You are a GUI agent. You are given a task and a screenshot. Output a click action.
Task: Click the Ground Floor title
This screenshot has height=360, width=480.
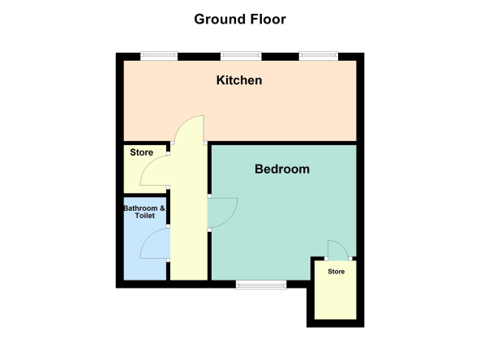tap(240, 19)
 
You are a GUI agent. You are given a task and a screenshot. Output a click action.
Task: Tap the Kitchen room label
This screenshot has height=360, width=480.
tap(239, 80)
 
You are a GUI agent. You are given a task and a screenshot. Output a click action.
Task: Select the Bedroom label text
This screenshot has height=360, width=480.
tap(282, 169)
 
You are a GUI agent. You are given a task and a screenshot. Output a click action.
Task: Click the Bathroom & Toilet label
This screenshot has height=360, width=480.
tap(144, 212)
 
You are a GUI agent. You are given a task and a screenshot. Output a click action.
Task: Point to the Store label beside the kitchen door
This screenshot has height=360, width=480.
tap(141, 152)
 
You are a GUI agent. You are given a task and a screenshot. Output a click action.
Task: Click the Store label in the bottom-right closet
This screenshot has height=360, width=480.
tap(336, 272)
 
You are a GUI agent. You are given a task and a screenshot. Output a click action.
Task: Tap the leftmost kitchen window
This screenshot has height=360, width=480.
tap(159, 55)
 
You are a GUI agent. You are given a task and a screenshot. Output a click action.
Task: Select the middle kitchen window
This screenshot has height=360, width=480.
tap(242, 55)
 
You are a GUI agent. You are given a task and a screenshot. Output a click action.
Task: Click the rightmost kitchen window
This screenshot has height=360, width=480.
tap(319, 55)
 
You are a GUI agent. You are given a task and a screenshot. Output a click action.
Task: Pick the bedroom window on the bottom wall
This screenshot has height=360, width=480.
tap(261, 285)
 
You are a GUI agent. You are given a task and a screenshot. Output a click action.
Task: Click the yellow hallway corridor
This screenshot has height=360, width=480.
tap(189, 214)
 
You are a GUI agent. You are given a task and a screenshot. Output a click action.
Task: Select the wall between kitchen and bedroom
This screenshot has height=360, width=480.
tap(281, 143)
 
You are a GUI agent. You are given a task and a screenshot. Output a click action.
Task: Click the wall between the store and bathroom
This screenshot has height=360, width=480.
tap(146, 195)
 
